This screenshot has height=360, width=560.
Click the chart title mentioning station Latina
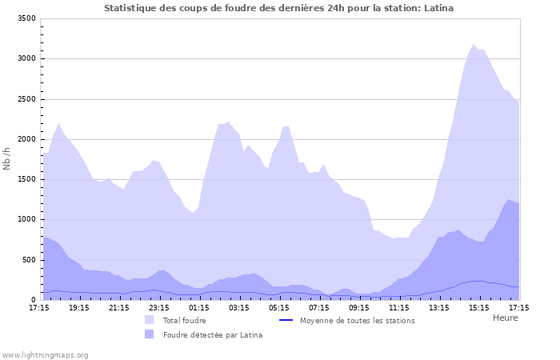(279, 8)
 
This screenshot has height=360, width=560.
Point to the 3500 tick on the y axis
(26, 18)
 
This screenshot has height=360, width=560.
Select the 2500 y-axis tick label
(26, 99)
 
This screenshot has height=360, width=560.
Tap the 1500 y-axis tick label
(26, 180)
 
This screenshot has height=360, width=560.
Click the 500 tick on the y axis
(28, 260)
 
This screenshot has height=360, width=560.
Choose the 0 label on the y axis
(33, 301)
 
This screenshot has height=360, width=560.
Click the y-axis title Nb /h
(7, 159)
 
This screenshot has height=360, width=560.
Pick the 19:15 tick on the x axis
(79, 307)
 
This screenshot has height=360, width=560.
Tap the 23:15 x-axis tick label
(159, 307)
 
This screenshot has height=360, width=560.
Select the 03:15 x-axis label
(239, 307)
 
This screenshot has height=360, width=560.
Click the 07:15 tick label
(319, 307)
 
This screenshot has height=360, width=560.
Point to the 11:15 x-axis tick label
(399, 307)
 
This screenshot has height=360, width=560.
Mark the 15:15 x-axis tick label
(479, 307)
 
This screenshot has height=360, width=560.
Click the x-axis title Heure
(505, 318)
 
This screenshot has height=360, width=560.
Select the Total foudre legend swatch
(150, 320)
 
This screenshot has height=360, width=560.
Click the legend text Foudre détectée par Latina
(212, 334)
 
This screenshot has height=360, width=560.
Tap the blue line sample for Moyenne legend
(286, 320)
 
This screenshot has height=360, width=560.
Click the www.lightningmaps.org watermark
(45, 354)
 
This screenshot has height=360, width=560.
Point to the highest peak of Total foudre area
(474, 45)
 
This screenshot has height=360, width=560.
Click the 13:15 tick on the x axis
(439, 307)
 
